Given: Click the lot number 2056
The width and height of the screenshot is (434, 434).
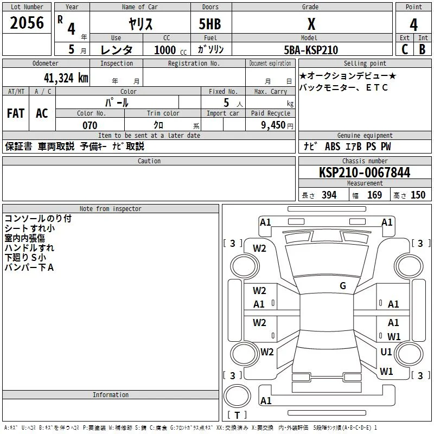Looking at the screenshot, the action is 27,23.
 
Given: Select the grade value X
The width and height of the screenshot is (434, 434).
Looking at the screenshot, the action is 311,24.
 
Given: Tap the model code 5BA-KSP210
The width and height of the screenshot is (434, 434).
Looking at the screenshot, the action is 311,50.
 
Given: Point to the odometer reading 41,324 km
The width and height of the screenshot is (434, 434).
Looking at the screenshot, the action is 66,78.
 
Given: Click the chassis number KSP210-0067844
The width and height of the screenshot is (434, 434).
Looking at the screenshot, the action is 365,173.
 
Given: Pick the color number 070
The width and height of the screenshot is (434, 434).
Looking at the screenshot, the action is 90,125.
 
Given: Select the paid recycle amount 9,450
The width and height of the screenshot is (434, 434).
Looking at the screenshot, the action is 273,125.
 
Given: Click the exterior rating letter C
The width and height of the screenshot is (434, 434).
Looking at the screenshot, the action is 405,49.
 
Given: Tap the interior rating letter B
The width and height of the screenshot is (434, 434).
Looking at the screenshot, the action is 422,49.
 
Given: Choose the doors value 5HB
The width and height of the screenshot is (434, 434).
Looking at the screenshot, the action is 210,24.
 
